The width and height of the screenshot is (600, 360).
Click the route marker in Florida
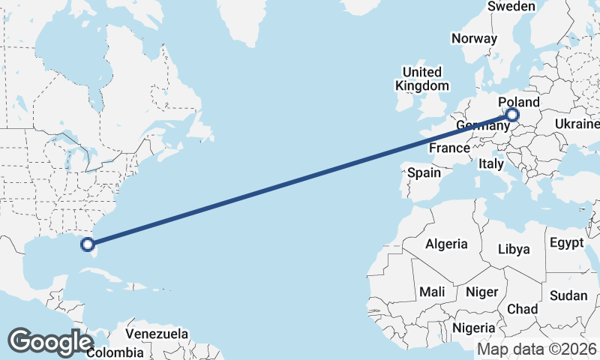click(x=88, y=244)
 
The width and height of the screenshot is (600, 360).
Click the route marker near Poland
click(x=512, y=115)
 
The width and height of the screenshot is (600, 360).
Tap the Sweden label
click(x=511, y=7)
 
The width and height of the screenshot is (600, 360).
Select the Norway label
click(x=474, y=38)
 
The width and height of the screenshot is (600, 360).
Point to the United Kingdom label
click(x=422, y=79)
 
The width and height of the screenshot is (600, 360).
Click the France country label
click(x=449, y=148)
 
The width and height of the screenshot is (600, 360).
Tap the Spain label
click(x=424, y=172)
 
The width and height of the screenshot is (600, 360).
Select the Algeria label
click(x=446, y=244)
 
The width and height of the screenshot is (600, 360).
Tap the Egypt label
click(x=566, y=243)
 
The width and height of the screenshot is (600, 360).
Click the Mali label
click(x=432, y=291)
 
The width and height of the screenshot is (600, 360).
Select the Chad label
click(x=523, y=309)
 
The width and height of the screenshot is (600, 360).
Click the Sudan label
click(x=568, y=295)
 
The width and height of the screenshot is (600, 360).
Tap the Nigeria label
click(x=473, y=328)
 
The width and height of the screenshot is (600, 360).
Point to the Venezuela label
click(x=157, y=333)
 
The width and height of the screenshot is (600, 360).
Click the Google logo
click(x=50, y=342)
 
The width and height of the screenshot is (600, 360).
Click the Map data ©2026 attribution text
click(x=537, y=349)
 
